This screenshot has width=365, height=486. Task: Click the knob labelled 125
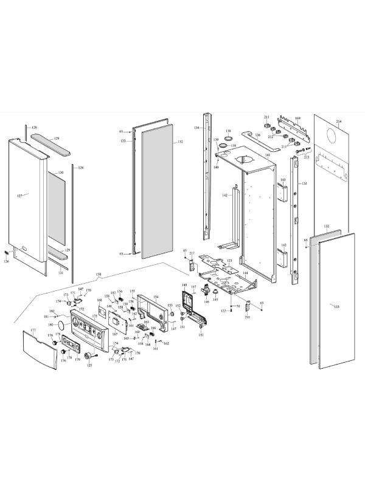(x=89, y=355)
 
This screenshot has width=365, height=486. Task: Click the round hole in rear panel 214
(x=333, y=135)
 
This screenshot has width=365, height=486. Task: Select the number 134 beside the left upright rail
(x=196, y=128)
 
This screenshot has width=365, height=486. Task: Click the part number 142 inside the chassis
(x=224, y=196)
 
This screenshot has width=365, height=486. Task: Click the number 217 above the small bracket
(x=192, y=253)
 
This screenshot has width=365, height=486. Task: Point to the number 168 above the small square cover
(x=100, y=301)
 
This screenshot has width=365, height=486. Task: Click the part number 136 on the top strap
(x=257, y=135)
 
